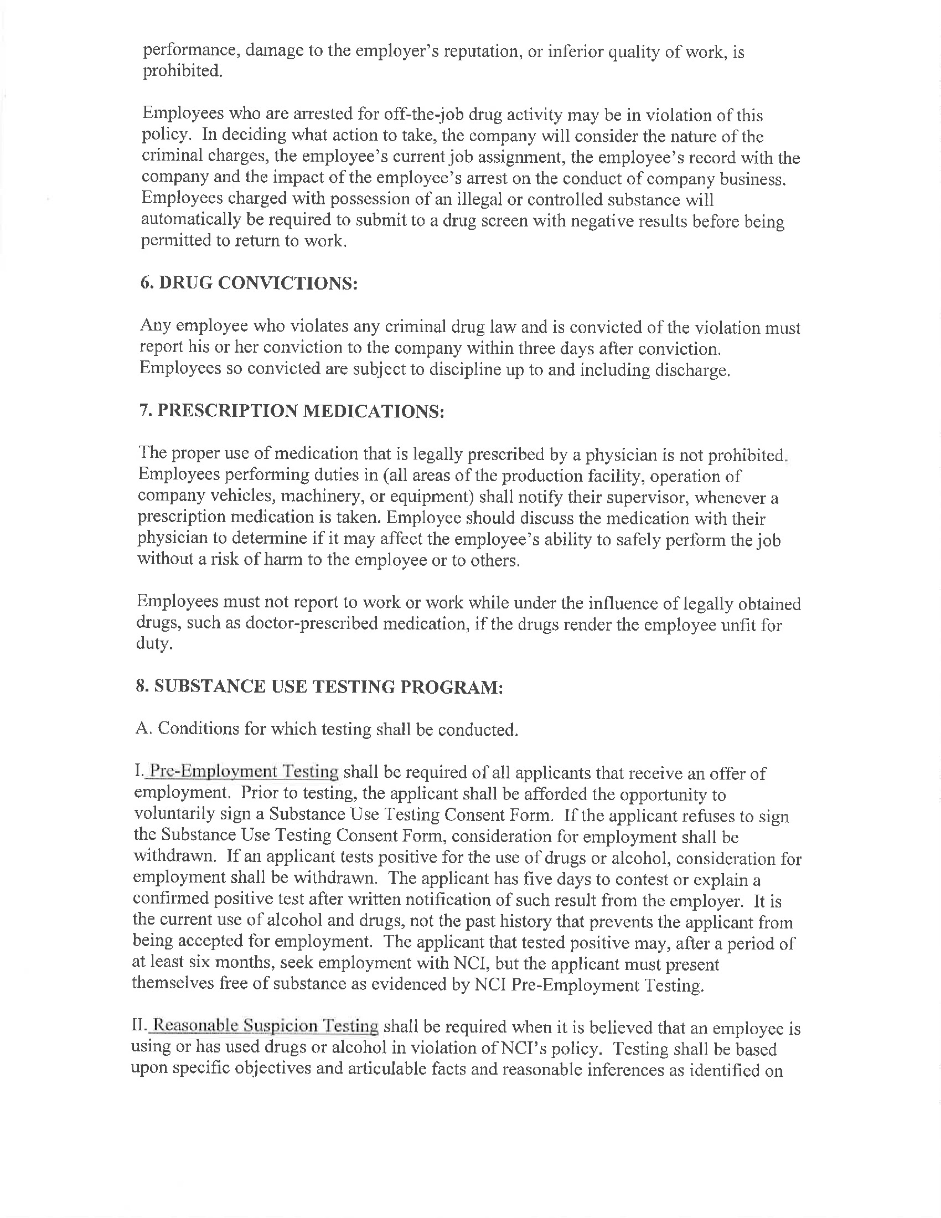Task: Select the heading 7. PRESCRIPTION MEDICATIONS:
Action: [291, 410]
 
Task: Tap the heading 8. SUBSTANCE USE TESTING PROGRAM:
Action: [319, 687]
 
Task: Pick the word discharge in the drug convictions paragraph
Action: [690, 370]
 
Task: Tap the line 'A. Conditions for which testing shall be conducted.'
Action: [327, 729]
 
